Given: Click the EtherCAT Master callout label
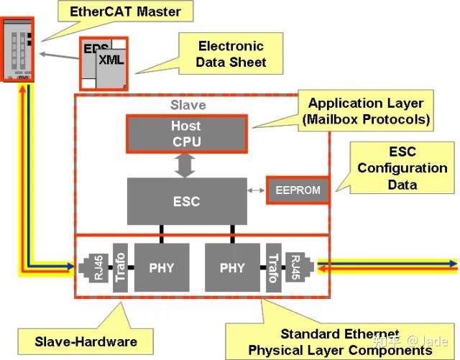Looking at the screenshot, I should [126, 11].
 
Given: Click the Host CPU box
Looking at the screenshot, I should [186, 133].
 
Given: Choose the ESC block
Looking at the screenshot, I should [186, 201].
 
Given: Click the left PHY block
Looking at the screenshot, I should [162, 268].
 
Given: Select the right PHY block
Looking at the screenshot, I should [232, 268].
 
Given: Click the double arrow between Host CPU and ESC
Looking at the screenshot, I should [186, 165].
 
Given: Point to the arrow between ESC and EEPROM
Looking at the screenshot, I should [256, 191].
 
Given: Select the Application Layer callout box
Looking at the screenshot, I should [367, 111].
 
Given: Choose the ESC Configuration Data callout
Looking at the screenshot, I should [402, 168].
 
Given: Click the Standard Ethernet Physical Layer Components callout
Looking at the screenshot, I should [340, 342].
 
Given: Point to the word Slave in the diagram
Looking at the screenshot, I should [187, 105].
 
